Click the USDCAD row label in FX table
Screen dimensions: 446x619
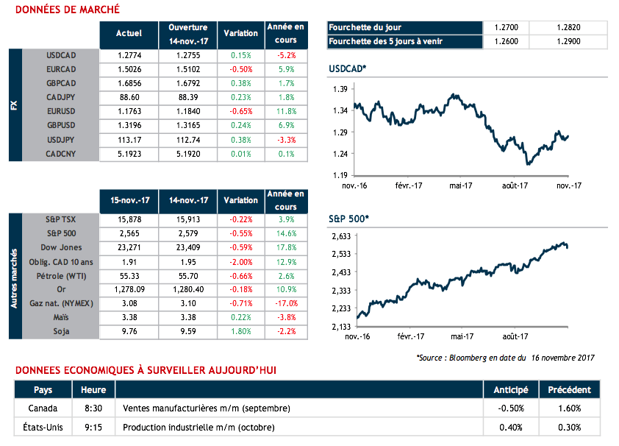click(62, 55)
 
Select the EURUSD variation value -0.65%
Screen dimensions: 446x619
click(240, 111)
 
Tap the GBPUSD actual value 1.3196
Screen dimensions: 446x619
click(129, 125)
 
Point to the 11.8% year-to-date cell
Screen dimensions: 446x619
click(285, 111)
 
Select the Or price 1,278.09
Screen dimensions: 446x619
click(129, 289)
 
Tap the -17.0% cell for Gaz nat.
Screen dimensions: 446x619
click(285, 303)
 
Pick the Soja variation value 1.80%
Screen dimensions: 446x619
click(240, 331)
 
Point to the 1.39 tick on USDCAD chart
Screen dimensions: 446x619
click(340, 89)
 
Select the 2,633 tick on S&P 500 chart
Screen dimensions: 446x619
click(340, 236)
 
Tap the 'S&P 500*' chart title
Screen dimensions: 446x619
click(349, 219)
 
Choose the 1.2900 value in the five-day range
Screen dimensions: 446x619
click(578, 41)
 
